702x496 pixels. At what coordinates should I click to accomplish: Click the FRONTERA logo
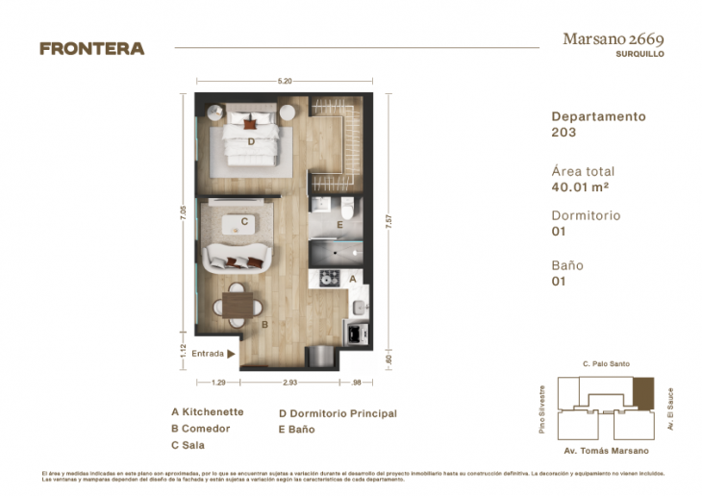92,48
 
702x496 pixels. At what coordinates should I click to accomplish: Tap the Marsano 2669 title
612,39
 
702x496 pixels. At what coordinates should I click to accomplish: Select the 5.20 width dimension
285,81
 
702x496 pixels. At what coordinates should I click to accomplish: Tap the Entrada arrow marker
231,353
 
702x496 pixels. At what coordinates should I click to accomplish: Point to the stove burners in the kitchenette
330,278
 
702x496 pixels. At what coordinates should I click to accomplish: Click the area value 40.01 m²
580,188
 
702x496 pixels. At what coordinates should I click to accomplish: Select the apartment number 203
564,132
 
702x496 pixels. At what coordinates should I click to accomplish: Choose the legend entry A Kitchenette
207,412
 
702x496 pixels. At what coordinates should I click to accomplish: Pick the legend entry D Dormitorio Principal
338,413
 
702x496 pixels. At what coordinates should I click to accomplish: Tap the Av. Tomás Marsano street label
606,450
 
